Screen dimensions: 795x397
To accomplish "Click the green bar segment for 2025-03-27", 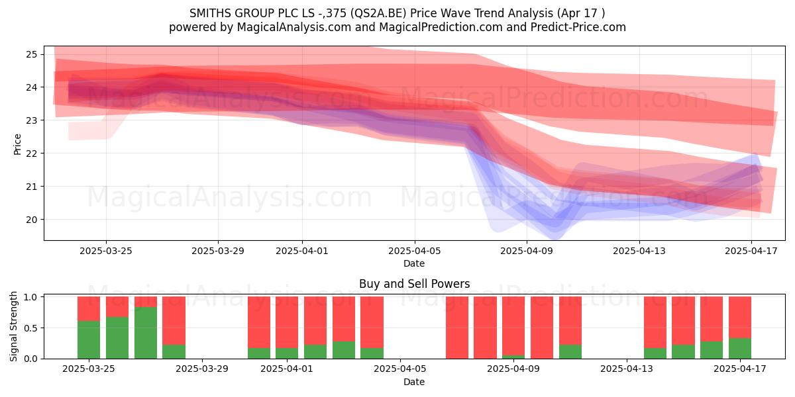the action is tap(146, 333).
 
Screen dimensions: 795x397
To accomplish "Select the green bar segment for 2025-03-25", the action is tap(89, 340).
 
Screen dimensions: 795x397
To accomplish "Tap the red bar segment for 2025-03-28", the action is tap(174, 321).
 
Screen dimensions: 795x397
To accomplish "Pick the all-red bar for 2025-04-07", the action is tap(457, 328).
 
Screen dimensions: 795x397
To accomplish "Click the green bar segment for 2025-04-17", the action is tap(740, 349).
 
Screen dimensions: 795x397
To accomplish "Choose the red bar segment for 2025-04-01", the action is tap(287, 322).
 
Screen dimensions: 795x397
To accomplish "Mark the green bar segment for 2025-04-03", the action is tap(344, 350).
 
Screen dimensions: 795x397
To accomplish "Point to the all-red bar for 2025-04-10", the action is tap(542, 328).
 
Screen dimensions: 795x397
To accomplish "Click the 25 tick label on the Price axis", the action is tap(31, 54).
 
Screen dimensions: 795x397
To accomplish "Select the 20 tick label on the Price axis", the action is tap(31, 220).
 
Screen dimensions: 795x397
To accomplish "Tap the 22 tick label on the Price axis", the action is tap(31, 154).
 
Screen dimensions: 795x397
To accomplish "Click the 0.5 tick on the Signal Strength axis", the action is tap(31, 328).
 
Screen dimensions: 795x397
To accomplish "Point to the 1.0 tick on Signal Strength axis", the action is tap(31, 297).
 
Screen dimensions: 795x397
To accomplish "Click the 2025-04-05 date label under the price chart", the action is tap(415, 251).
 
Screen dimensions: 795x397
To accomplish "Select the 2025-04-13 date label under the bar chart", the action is tap(627, 369).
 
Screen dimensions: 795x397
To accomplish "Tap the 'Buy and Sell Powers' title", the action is tap(415, 284).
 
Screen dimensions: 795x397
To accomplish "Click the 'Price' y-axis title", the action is tap(17, 144).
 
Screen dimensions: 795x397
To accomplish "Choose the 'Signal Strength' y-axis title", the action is tap(13, 326).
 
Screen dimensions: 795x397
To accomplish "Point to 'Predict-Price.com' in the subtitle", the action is tap(578, 27).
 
